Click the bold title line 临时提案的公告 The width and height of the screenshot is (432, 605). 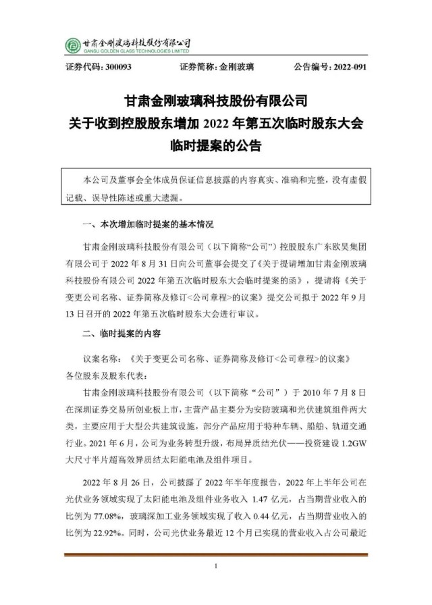[216, 144]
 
